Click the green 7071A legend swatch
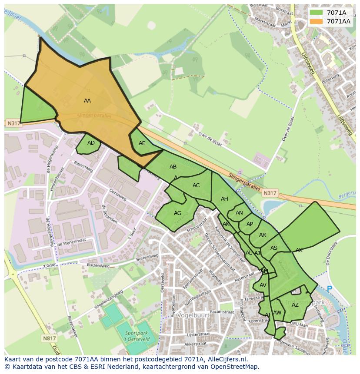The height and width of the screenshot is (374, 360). (x=317, y=12)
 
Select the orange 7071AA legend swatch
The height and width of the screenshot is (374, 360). (x=317, y=21)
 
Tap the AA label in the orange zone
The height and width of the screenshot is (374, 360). (x=87, y=101)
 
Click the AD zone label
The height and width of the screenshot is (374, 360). (x=91, y=143)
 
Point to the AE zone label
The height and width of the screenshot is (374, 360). (x=142, y=143)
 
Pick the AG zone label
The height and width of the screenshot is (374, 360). (x=177, y=213)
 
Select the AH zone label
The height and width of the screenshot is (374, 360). (x=224, y=199)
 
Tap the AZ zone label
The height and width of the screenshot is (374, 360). (x=295, y=305)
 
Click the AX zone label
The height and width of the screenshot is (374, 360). (x=299, y=250)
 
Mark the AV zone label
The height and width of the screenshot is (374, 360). (x=263, y=285)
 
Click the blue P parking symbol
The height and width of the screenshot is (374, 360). (x=329, y=289)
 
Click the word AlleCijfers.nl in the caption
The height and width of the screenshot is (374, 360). (x=226, y=359)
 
